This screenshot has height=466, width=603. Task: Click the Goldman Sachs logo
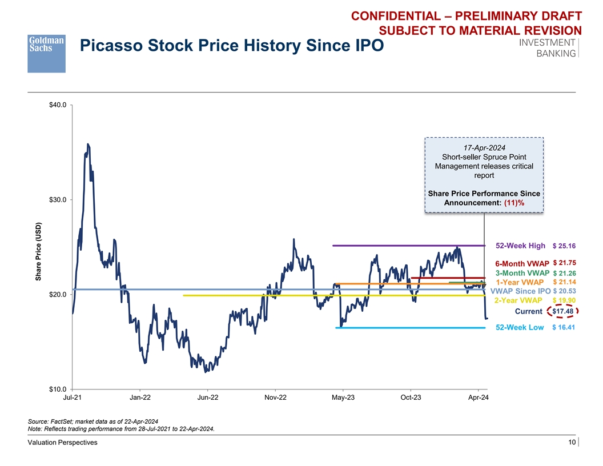[46, 53]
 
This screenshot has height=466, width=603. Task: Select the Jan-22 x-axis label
[140, 397]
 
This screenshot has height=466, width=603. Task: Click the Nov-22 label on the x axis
[275, 397]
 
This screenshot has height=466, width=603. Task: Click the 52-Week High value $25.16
[564, 246]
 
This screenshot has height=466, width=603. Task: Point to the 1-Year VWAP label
[519, 282]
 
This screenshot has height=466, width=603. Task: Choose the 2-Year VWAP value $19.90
[564, 300]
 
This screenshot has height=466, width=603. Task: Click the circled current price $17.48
[563, 311]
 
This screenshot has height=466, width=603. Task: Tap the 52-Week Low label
[520, 328]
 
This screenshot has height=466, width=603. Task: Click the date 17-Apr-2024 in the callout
[484, 147]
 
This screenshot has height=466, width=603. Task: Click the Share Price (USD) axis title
[39, 251]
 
